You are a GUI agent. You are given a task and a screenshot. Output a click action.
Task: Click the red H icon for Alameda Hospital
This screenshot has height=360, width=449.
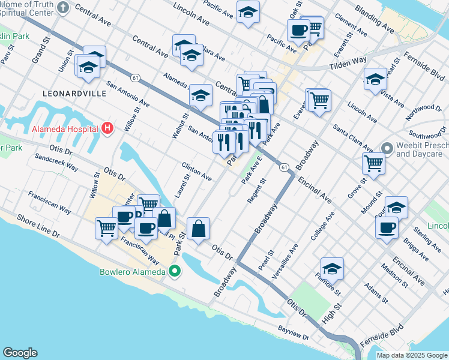click(107, 128)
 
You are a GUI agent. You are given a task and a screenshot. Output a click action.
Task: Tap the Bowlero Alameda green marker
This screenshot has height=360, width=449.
click(175, 272)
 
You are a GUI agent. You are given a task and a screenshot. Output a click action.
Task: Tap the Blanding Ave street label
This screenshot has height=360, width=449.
click(374, 19)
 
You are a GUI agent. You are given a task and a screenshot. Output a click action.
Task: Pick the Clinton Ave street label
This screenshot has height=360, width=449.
click(197, 171)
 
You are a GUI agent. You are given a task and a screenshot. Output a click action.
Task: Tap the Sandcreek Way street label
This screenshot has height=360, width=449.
click(56, 163)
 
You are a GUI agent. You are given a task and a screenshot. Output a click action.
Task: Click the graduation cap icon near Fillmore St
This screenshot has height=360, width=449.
click(332, 269)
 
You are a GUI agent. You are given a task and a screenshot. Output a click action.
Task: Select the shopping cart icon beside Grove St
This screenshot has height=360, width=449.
click(373, 162)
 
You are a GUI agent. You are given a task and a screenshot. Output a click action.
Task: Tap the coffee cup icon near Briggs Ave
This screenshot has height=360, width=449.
click(387, 227)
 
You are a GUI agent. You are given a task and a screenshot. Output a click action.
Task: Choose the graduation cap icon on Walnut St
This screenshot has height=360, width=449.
click(200, 95)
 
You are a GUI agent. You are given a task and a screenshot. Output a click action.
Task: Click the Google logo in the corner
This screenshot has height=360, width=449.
click(20, 353)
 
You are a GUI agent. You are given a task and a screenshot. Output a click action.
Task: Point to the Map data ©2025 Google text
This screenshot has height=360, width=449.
click(411, 355)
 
